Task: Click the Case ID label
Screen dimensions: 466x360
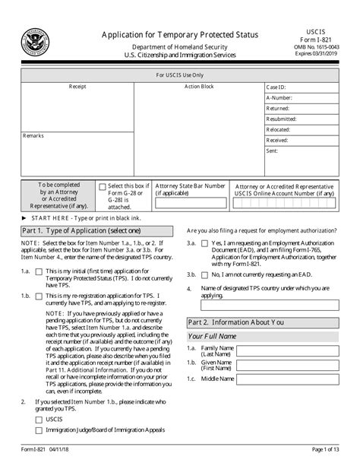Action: [x=276, y=87]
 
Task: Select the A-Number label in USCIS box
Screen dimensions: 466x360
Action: [x=278, y=98]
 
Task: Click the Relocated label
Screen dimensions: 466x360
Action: [x=278, y=130]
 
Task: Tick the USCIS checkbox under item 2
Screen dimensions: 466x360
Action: [x=39, y=418]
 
